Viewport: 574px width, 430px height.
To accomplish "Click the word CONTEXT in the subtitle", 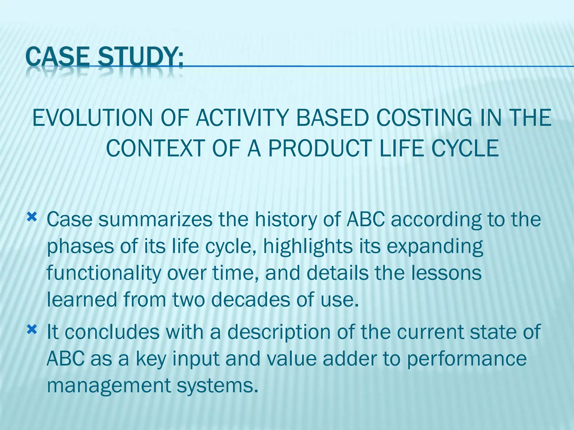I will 156,148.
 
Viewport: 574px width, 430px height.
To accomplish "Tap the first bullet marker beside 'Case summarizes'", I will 32,217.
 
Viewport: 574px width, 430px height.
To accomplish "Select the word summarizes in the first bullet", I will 155,220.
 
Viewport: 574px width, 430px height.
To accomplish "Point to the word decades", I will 250,300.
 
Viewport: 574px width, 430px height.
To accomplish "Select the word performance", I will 467,359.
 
